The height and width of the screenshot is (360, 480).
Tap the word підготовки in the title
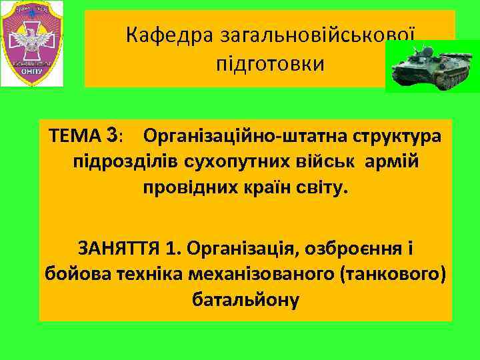click(x=270, y=65)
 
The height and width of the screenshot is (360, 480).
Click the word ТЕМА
click(x=75, y=136)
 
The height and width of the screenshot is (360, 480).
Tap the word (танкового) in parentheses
click(x=392, y=273)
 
